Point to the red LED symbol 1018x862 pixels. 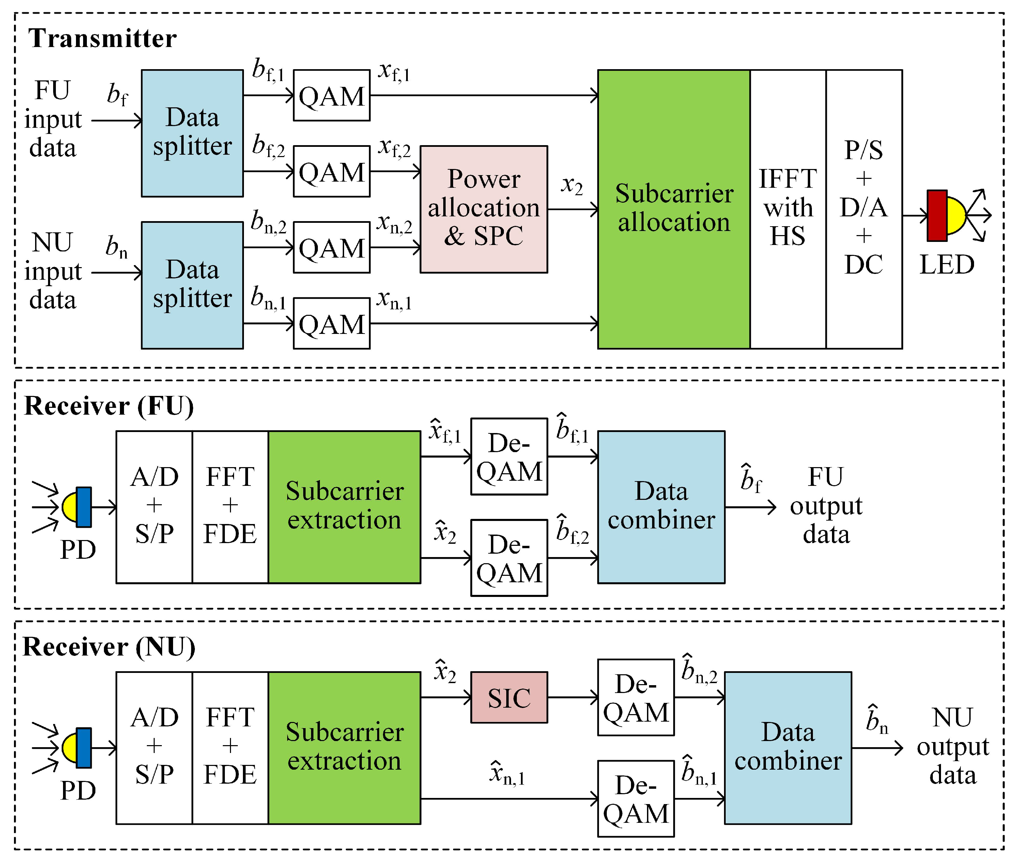tap(937, 215)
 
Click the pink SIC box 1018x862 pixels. tap(509, 697)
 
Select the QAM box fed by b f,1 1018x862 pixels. tap(331, 95)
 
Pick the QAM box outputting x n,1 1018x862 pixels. tap(331, 323)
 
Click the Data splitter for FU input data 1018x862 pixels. tap(192, 133)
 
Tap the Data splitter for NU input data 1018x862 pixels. tap(192, 285)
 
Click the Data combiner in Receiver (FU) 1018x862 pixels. tap(661, 507)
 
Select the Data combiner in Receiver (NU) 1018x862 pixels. tap(787, 748)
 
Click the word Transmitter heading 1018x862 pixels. tap(102, 38)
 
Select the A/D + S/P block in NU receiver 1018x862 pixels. tap(154, 748)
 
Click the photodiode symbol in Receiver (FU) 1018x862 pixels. tap(77, 507)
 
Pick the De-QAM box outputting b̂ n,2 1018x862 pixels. tap(635, 697)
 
